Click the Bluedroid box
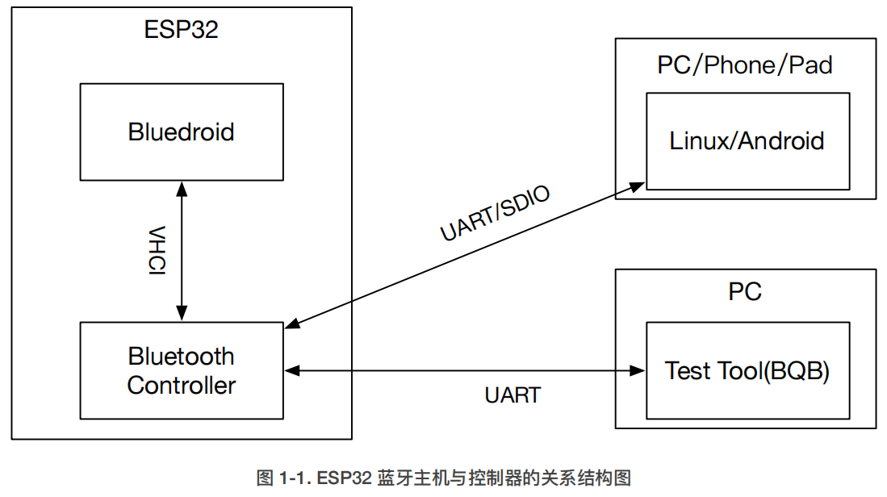pyautogui.click(x=181, y=132)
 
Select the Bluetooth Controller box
pyautogui.click(x=181, y=370)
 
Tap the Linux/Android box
pyautogui.click(x=747, y=141)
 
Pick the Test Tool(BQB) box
pyautogui.click(x=747, y=370)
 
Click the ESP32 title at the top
pyautogui.click(x=181, y=30)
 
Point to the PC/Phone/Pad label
pyautogui.click(x=744, y=65)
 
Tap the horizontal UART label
pyautogui.click(x=513, y=395)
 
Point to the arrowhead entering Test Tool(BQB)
pyautogui.click(x=639, y=371)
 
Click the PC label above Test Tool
pyautogui.click(x=744, y=291)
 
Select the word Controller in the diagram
pyautogui.click(x=181, y=385)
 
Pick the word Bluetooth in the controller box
pyautogui.click(x=181, y=356)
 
